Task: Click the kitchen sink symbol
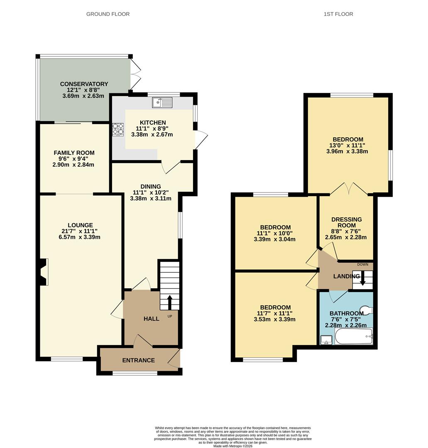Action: click(x=162, y=102)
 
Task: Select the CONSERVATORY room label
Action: click(x=84, y=84)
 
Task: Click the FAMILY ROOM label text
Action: click(x=74, y=153)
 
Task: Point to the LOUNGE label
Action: click(x=81, y=225)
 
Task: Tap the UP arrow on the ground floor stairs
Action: click(x=169, y=302)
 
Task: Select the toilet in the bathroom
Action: click(x=366, y=310)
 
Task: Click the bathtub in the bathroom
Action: click(x=354, y=336)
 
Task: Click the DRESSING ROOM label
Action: click(x=347, y=222)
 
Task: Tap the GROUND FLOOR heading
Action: click(x=108, y=14)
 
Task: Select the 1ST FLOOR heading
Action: click(x=338, y=14)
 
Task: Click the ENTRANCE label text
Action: click(x=138, y=360)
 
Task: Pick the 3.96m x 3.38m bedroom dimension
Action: click(x=347, y=151)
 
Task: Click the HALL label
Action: click(x=151, y=319)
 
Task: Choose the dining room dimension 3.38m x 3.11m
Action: click(x=151, y=198)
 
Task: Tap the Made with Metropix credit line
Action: click(x=233, y=446)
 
